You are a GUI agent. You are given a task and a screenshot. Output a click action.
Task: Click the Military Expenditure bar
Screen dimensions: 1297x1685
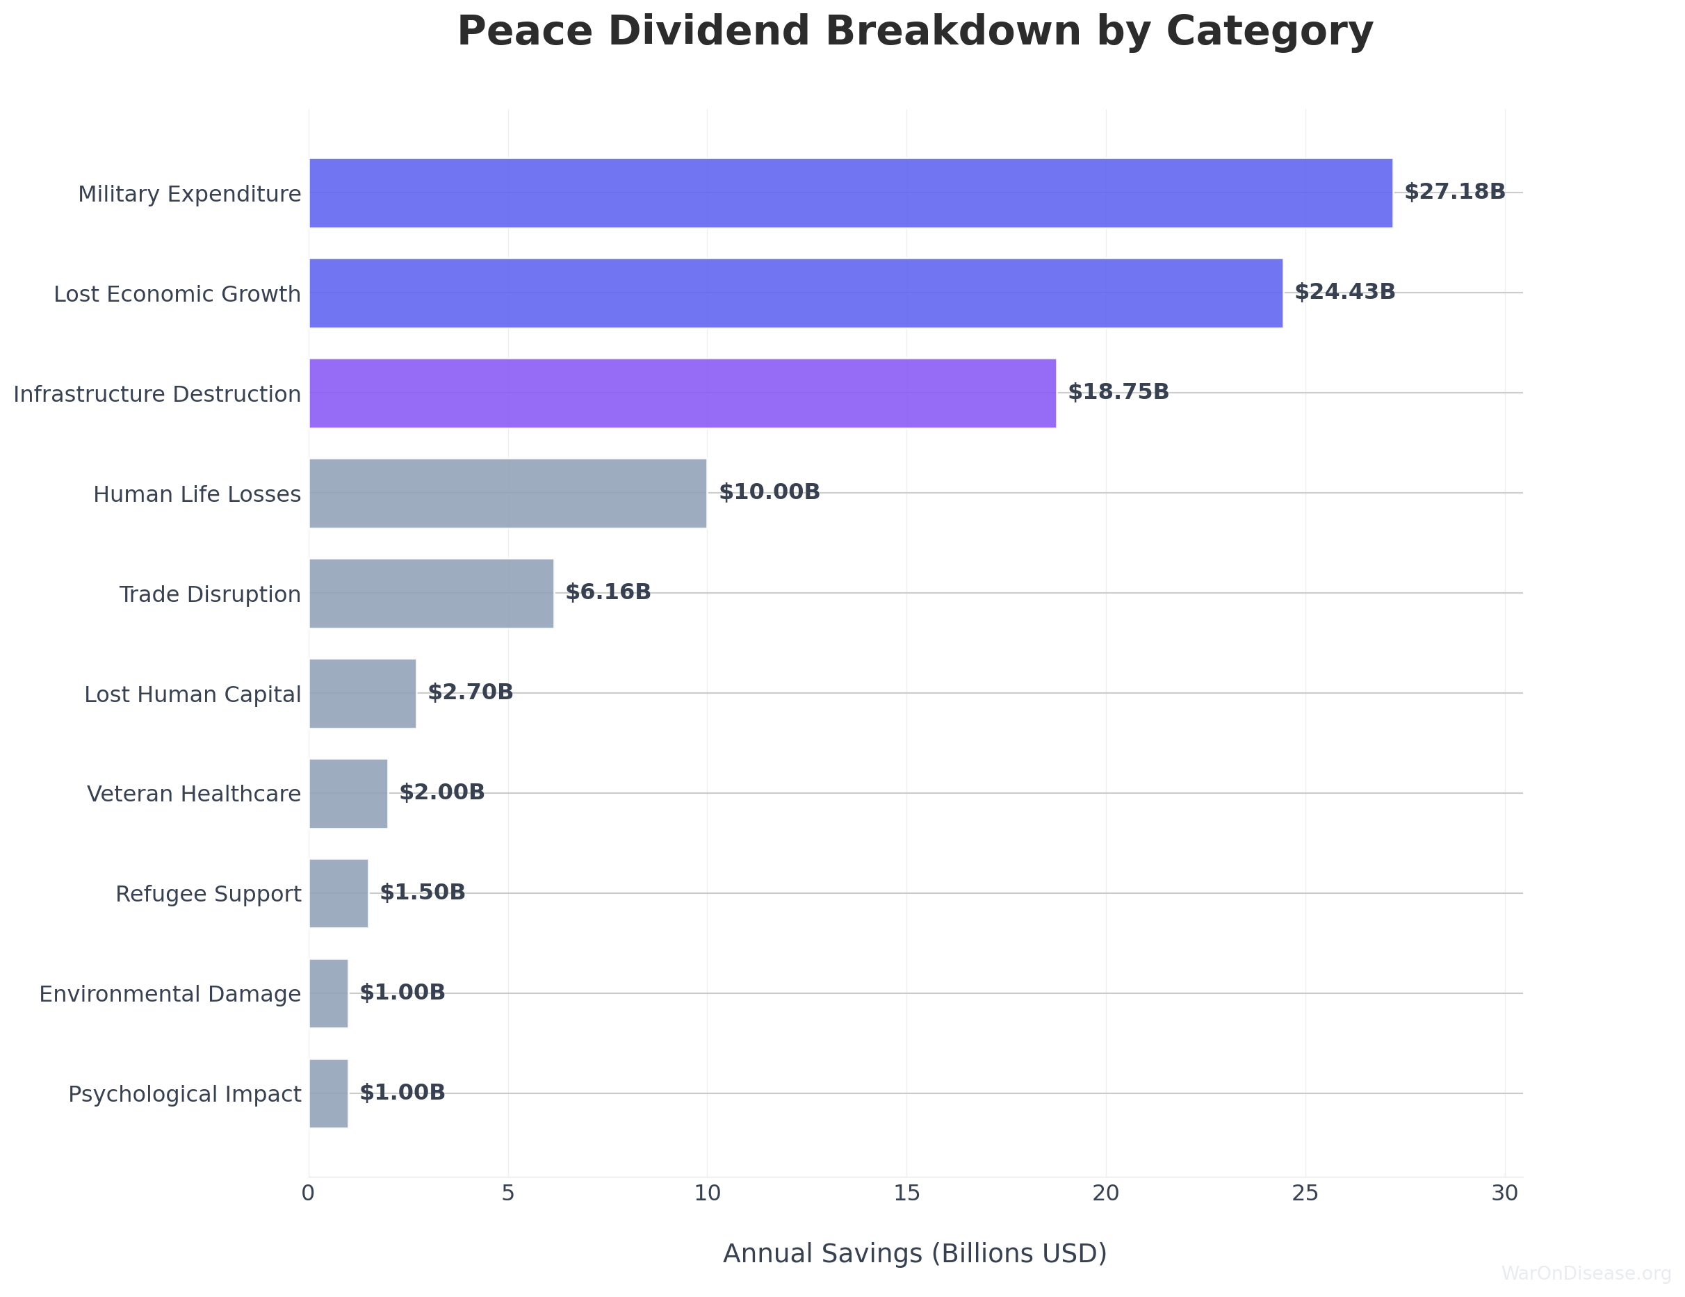point(850,193)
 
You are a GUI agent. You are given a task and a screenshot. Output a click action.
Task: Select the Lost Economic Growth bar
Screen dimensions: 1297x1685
point(795,293)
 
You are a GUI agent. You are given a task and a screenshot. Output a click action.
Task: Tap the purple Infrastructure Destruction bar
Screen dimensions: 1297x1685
point(682,393)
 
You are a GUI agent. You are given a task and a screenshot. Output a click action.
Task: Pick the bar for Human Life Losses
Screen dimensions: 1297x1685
point(507,493)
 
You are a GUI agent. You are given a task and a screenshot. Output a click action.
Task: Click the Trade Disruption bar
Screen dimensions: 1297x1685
point(431,594)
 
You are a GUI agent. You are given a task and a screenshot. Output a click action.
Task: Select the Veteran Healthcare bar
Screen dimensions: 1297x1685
point(348,793)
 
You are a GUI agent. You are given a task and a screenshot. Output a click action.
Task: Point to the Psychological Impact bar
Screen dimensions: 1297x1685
point(329,1093)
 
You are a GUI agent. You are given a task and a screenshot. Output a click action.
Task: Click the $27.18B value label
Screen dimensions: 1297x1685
point(1454,192)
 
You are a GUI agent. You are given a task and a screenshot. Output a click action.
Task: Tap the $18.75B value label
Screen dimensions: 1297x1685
point(1118,392)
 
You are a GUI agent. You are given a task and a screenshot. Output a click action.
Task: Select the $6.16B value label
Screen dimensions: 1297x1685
point(608,593)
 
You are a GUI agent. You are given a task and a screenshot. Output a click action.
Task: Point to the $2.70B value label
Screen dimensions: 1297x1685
point(470,692)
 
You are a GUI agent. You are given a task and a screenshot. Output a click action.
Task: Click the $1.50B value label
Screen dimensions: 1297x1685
point(422,892)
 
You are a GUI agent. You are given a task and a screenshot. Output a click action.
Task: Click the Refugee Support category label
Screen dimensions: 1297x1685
point(209,895)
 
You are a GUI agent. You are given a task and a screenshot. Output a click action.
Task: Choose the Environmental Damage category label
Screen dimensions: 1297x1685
point(170,994)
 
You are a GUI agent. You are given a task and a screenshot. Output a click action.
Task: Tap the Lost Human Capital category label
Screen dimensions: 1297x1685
point(192,694)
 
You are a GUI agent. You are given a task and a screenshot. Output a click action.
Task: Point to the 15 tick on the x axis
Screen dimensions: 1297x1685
point(906,1193)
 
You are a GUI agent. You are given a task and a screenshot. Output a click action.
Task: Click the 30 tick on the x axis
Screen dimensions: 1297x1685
point(1504,1193)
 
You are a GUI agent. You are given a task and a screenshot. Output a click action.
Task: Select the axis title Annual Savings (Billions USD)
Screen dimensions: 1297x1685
point(914,1254)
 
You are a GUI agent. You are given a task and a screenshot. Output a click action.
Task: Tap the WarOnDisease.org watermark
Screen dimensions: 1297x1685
point(1586,1273)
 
